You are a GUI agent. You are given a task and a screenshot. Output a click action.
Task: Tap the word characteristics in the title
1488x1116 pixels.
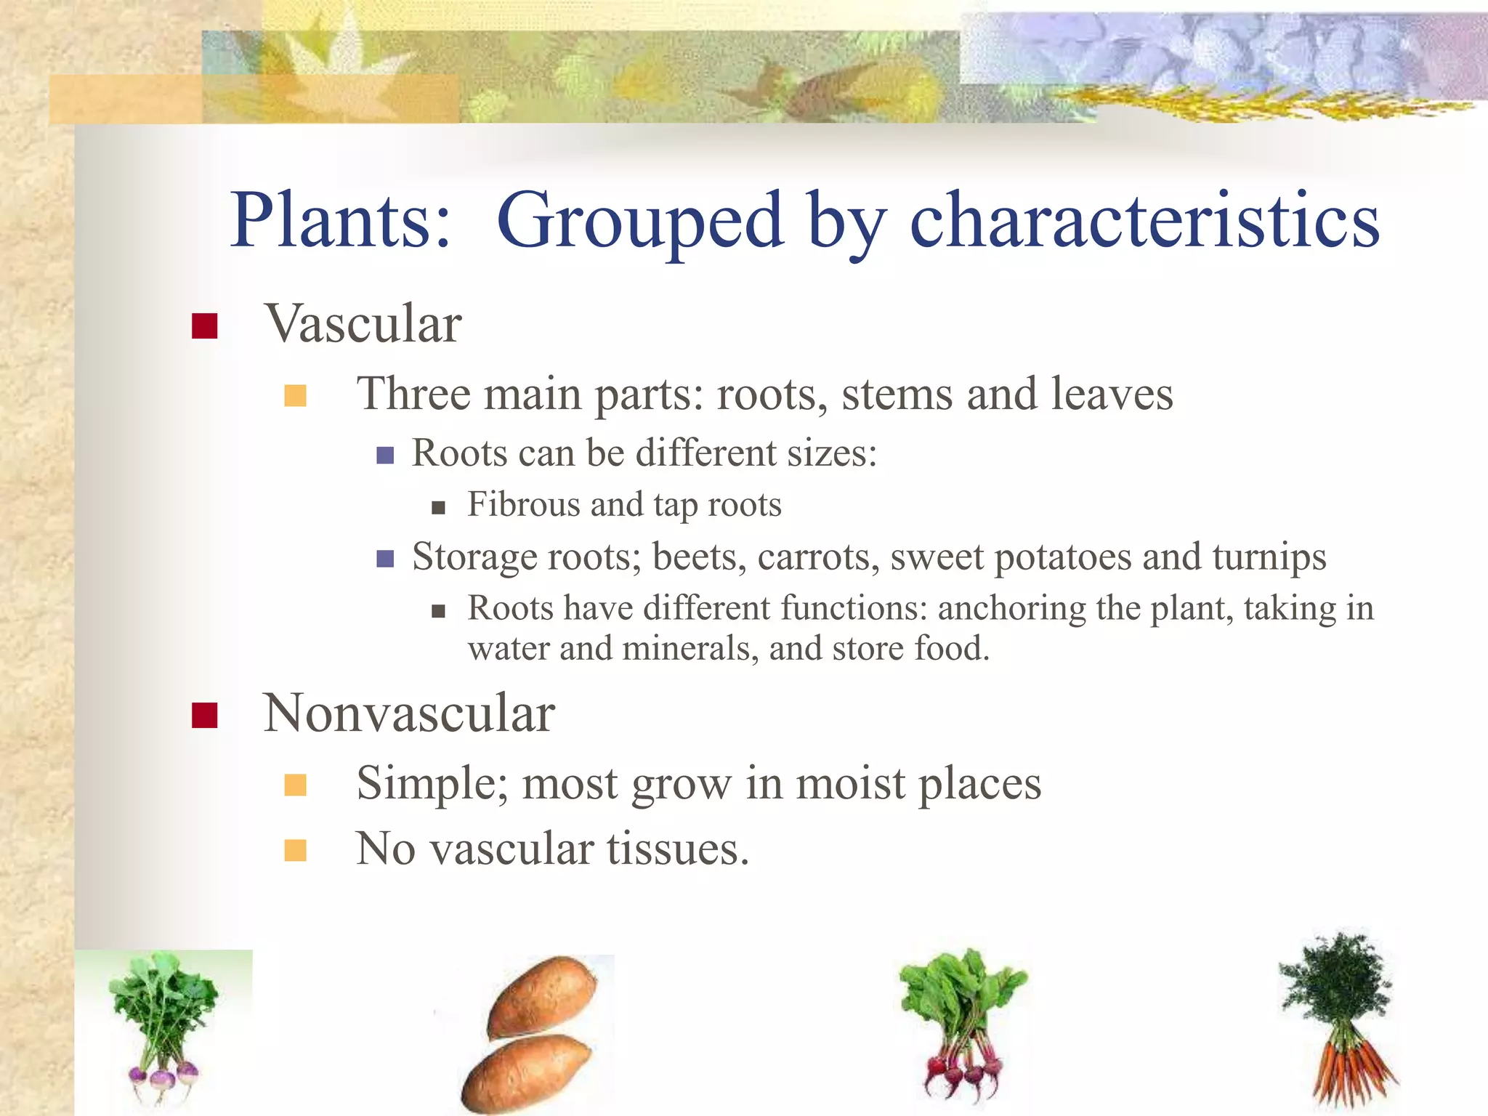[1144, 220]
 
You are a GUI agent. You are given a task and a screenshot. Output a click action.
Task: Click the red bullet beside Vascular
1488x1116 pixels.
[204, 325]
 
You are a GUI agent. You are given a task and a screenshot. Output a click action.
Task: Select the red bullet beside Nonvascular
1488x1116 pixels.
[204, 715]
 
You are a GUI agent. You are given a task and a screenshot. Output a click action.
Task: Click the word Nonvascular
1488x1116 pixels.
[409, 713]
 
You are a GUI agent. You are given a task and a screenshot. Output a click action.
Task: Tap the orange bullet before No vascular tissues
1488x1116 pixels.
[295, 850]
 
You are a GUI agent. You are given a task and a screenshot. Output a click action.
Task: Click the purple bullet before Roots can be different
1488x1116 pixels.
[385, 456]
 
